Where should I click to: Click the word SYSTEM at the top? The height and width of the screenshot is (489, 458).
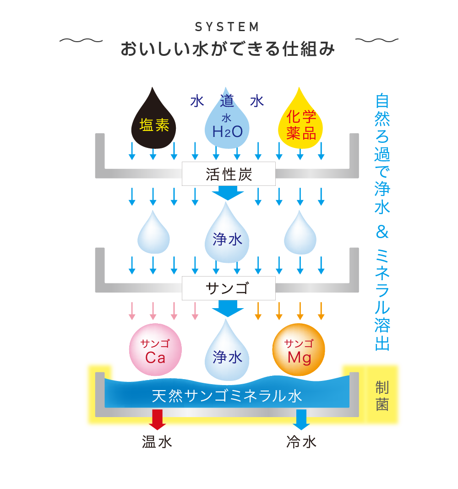tap(227, 27)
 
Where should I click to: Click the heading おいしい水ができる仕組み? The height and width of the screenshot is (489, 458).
tap(228, 49)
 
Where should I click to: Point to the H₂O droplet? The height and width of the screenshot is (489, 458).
tap(227, 125)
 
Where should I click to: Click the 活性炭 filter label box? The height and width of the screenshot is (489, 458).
tap(229, 174)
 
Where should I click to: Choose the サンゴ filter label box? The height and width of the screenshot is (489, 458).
tap(229, 288)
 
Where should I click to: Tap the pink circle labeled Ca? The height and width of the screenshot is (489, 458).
tap(155, 351)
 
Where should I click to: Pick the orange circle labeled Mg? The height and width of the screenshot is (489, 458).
tap(299, 351)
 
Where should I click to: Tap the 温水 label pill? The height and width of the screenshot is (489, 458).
tap(157, 442)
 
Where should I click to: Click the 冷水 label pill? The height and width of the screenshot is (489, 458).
tap(301, 442)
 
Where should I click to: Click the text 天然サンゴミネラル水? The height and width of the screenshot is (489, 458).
tap(227, 396)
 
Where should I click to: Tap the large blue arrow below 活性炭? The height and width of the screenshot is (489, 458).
tap(228, 193)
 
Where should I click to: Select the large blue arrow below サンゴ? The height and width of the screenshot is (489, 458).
tap(228, 308)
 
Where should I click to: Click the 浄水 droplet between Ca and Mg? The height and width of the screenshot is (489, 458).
tap(227, 355)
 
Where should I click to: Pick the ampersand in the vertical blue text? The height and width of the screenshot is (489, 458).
tap(382, 233)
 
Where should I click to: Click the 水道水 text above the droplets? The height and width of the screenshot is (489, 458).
tap(227, 101)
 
